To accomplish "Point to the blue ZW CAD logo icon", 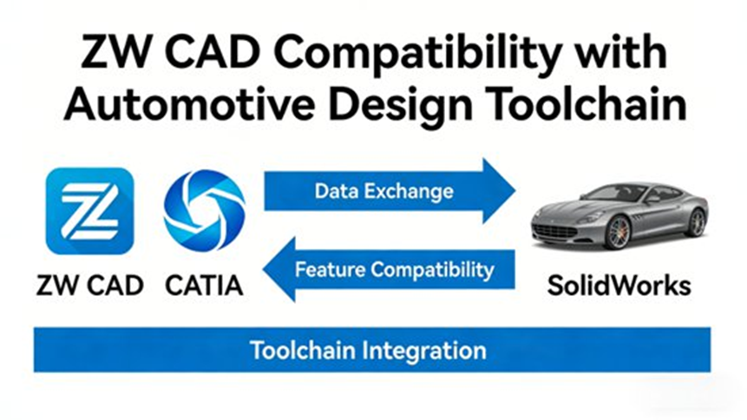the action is click(89, 211).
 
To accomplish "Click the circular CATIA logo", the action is click(205, 210).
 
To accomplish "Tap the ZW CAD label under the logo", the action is click(90, 285).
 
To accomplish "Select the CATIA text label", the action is click(204, 285).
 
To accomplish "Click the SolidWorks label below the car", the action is click(619, 286).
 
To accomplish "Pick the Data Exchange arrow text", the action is click(384, 191).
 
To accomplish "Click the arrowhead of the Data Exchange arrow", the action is click(499, 191).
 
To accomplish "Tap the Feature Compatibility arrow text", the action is click(395, 269).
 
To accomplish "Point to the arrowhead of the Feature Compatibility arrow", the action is click(279, 269).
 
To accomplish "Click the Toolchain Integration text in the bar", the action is click(368, 351).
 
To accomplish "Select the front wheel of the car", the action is click(619, 233).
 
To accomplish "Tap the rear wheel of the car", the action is click(697, 222).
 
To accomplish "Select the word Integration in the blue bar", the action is click(424, 351).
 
